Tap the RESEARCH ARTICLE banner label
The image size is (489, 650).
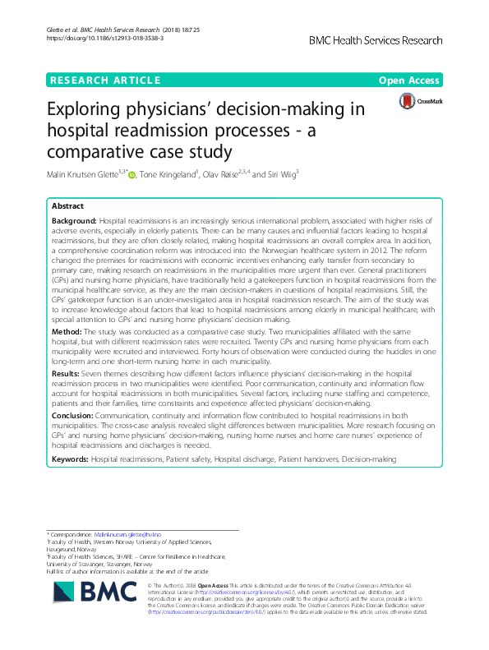pos(105,80)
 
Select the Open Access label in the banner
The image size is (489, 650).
pos(410,80)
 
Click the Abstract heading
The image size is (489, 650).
pos(68,208)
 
